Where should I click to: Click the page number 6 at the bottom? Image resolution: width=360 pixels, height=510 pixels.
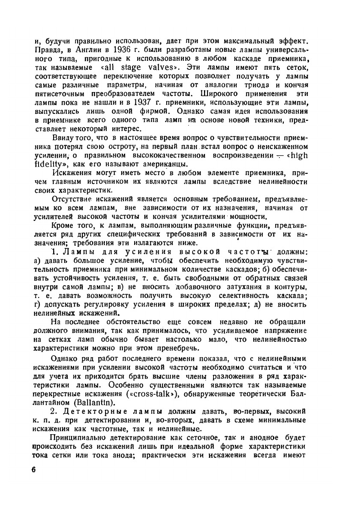pyautogui.click(x=33, y=469)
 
